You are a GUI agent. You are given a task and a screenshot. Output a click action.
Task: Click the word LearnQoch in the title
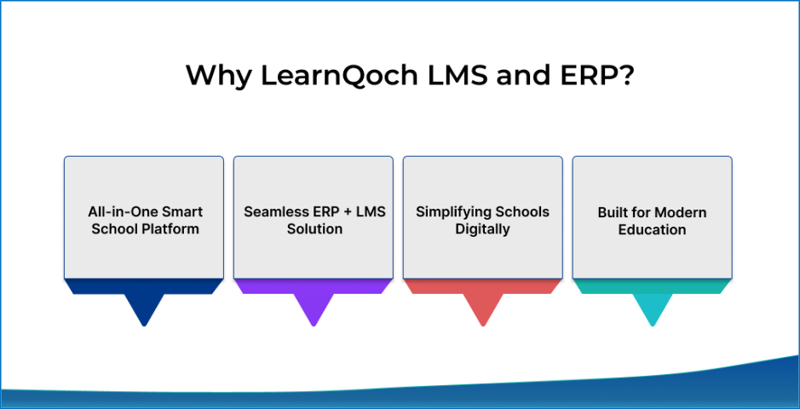(x=333, y=76)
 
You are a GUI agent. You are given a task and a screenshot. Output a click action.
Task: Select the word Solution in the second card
(x=314, y=229)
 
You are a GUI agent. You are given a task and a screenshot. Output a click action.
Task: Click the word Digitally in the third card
(x=483, y=229)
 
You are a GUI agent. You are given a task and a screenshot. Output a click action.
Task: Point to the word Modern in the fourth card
(x=681, y=212)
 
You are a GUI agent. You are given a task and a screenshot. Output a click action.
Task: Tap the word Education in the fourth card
(x=652, y=229)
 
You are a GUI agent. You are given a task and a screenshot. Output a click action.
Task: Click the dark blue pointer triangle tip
(x=144, y=325)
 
